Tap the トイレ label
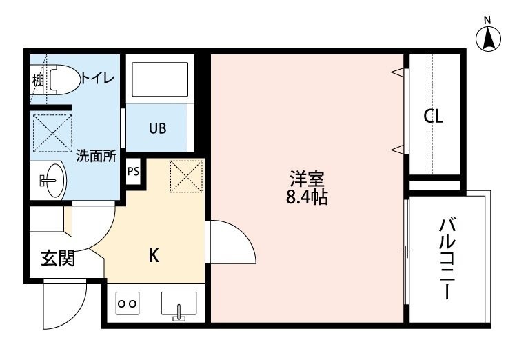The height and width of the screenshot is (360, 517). click(98, 78)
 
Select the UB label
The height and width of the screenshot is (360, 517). click(157, 128)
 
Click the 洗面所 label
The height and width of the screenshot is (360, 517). click(96, 156)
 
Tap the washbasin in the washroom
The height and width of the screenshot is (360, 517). click(50, 181)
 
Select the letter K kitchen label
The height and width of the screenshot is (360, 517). click(154, 256)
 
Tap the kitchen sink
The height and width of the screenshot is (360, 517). click(179, 303)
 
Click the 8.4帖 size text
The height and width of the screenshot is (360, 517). click(307, 198)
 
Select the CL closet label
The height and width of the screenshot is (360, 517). click(433, 117)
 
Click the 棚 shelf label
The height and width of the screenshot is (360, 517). click(38, 80)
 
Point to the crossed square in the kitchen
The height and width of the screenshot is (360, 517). click(185, 175)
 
